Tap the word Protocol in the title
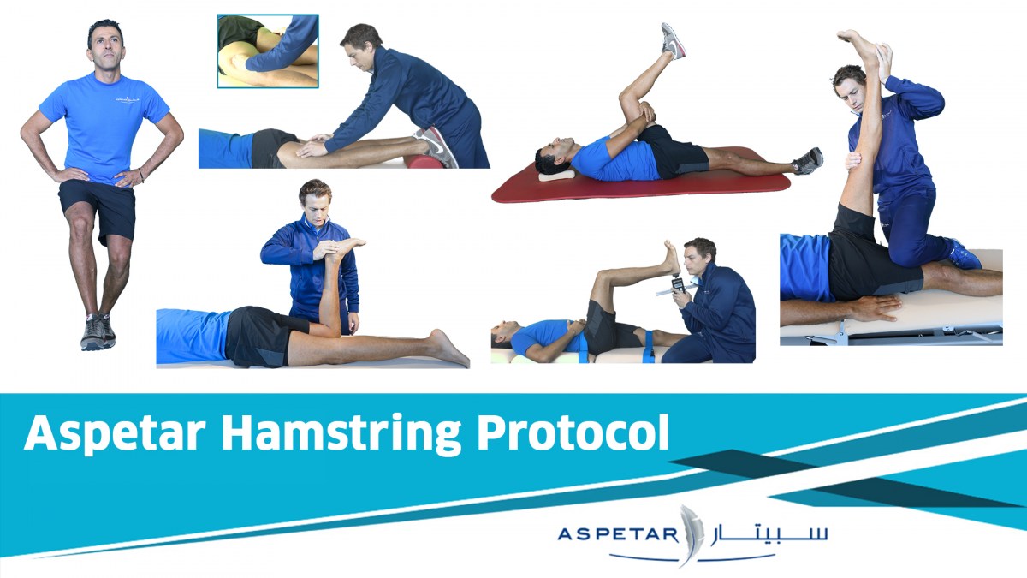[573, 432]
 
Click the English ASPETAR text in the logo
[618, 534]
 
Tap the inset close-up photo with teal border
[268, 51]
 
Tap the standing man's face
[106, 45]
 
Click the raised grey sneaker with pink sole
[673, 40]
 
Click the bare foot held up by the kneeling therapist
[346, 247]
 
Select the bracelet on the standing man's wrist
[140, 175]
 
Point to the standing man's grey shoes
[98, 332]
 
